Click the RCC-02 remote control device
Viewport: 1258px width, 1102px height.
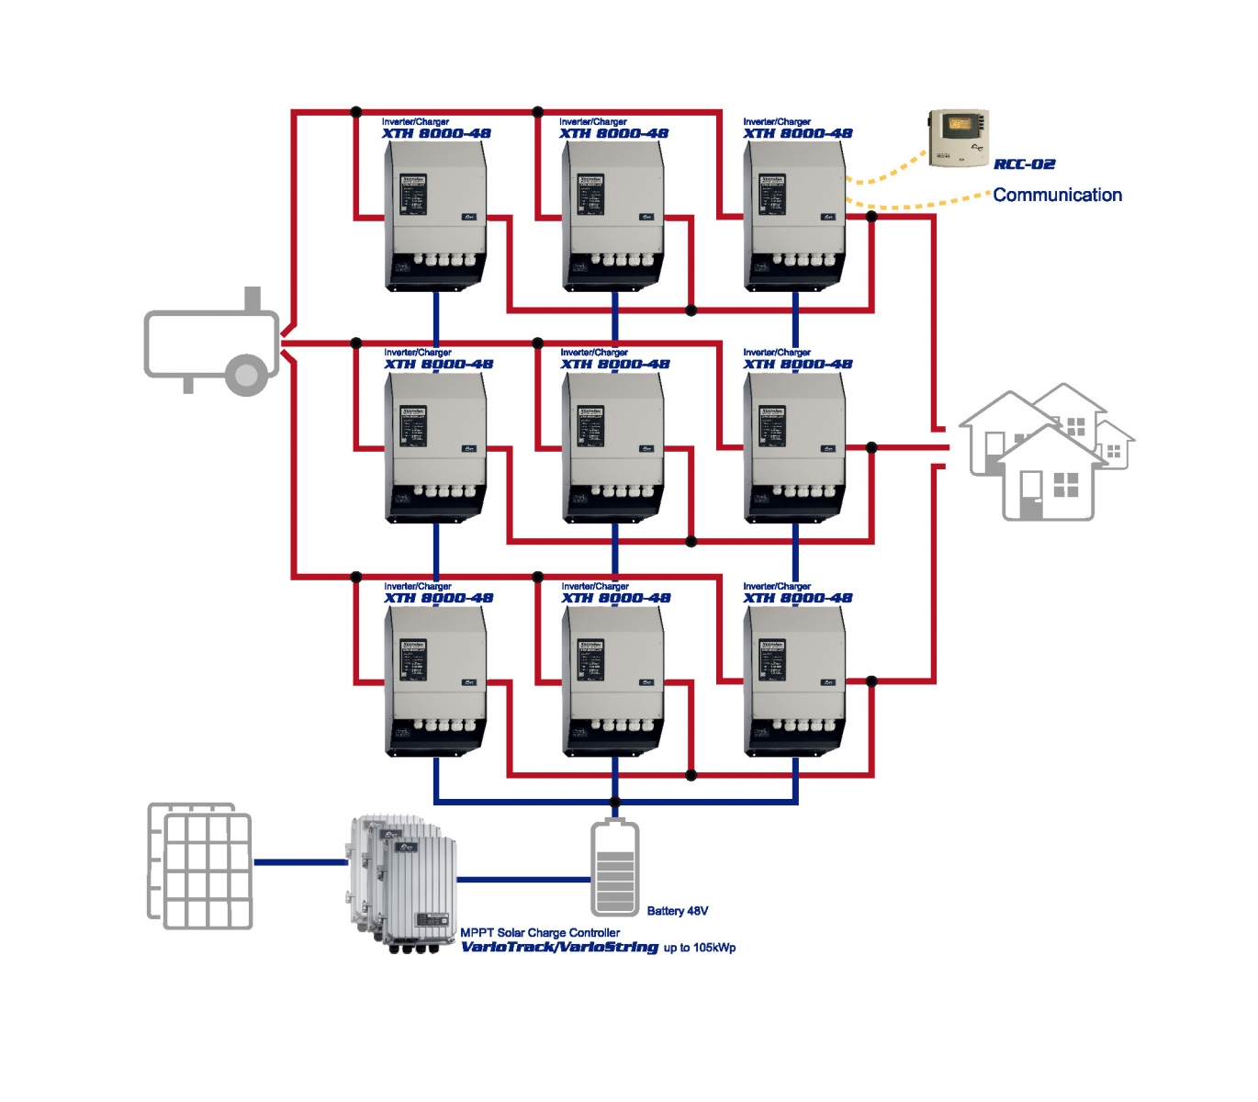pyautogui.click(x=959, y=138)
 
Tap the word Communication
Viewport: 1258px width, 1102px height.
pyautogui.click(x=1057, y=195)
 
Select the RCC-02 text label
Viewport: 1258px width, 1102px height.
pyautogui.click(x=1024, y=164)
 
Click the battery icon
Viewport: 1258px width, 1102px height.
pyautogui.click(x=614, y=868)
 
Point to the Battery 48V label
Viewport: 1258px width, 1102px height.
pyautogui.click(x=677, y=911)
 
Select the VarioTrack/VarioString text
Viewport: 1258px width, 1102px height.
pyautogui.click(x=559, y=947)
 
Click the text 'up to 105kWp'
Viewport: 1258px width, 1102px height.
pyautogui.click(x=700, y=948)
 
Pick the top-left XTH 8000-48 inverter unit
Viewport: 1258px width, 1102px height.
pyautogui.click(x=435, y=217)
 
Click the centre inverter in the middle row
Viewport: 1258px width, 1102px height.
pyautogui.click(x=613, y=448)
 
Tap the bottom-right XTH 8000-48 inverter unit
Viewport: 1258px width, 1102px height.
pyautogui.click(x=795, y=681)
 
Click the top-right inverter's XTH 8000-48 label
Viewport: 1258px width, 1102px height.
pyautogui.click(x=797, y=133)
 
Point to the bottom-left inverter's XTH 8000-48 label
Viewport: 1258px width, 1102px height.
pyautogui.click(x=438, y=598)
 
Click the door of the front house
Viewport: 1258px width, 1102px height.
pyautogui.click(x=1031, y=495)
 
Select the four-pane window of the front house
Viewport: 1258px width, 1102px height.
pyautogui.click(x=1065, y=485)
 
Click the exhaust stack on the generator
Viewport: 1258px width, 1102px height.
pyautogui.click(x=253, y=298)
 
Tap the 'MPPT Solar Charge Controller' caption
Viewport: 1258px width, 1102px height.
pyautogui.click(x=540, y=932)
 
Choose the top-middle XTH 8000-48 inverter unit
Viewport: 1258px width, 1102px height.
pyautogui.click(x=613, y=217)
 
